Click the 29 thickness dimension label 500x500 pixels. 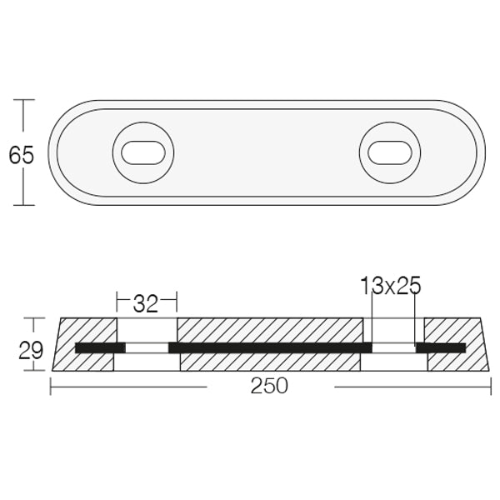click(x=32, y=350)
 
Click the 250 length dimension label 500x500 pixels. click(x=270, y=387)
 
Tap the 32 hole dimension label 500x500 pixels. click(x=146, y=303)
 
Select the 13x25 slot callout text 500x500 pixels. click(x=391, y=287)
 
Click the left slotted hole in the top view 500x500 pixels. click(x=144, y=152)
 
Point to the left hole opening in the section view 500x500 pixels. click(x=146, y=346)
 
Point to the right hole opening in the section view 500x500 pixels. click(x=393, y=346)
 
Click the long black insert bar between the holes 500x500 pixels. click(x=270, y=347)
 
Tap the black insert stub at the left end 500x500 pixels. click(x=97, y=347)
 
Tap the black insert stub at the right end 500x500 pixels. click(x=441, y=347)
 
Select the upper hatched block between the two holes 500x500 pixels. click(x=270, y=330)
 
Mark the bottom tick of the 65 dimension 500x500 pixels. click(x=23, y=204)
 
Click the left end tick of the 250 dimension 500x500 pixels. click(x=52, y=387)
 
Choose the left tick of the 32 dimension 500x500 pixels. click(x=116, y=298)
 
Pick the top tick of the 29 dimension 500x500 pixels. click(x=32, y=317)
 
